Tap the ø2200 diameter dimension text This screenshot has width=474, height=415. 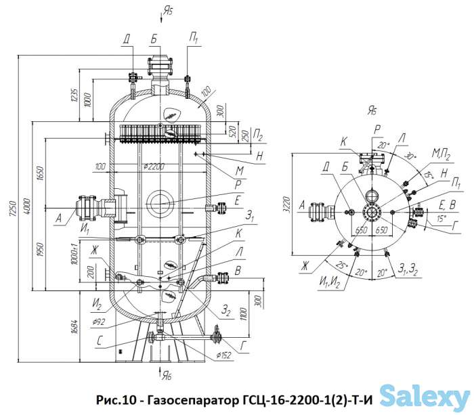155,167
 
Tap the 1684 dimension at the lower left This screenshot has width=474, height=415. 81,329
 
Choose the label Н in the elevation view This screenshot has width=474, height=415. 259,156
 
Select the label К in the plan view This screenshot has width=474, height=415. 344,141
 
